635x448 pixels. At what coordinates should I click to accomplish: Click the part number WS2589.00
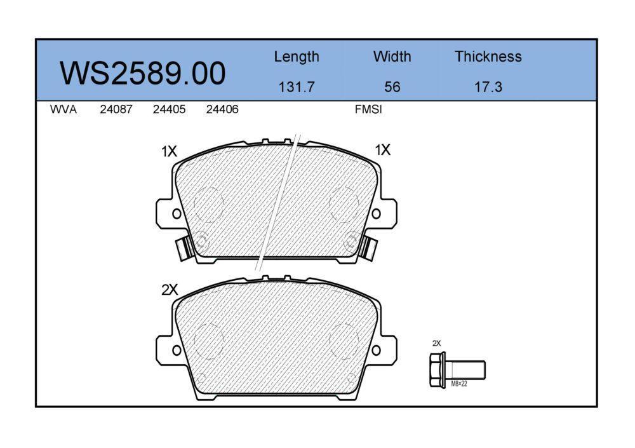pyautogui.click(x=142, y=73)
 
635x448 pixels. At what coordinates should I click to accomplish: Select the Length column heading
pyautogui.click(x=297, y=57)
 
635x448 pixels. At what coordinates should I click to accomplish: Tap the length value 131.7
pyautogui.click(x=297, y=87)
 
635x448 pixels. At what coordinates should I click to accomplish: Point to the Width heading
pyautogui.click(x=392, y=57)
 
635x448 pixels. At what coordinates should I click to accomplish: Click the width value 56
pyautogui.click(x=392, y=87)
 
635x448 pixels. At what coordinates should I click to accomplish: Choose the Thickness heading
pyautogui.click(x=488, y=57)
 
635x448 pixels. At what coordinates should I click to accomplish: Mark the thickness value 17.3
pyautogui.click(x=488, y=87)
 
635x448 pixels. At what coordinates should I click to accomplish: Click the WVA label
pyautogui.click(x=63, y=109)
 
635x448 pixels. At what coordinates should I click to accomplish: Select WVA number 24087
pyautogui.click(x=116, y=109)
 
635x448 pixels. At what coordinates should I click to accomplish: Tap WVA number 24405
pyautogui.click(x=170, y=109)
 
